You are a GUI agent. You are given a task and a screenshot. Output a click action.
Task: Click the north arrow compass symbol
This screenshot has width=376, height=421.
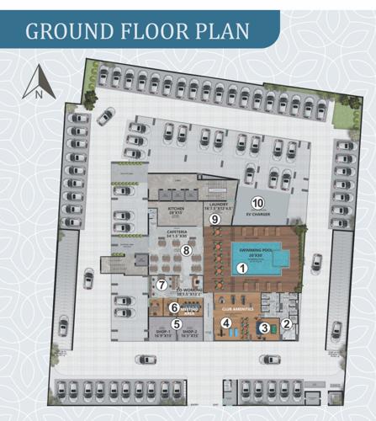click(38, 85)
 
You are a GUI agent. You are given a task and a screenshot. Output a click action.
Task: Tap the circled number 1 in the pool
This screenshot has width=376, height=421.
click(242, 269)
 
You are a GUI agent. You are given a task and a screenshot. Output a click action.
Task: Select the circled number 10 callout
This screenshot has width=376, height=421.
click(258, 203)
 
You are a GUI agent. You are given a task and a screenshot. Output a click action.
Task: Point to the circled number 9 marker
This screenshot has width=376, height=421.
click(214, 220)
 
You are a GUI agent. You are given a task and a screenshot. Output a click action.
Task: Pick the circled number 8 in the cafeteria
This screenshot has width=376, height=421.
click(188, 250)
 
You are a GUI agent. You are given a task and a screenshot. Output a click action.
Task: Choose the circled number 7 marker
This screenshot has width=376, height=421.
click(162, 285)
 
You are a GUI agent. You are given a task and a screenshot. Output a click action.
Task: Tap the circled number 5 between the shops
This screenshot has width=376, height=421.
click(177, 323)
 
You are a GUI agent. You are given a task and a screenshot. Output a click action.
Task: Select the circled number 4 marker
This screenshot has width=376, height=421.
click(225, 322)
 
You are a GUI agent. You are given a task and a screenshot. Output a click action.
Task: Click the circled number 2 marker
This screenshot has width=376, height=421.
click(286, 323)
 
